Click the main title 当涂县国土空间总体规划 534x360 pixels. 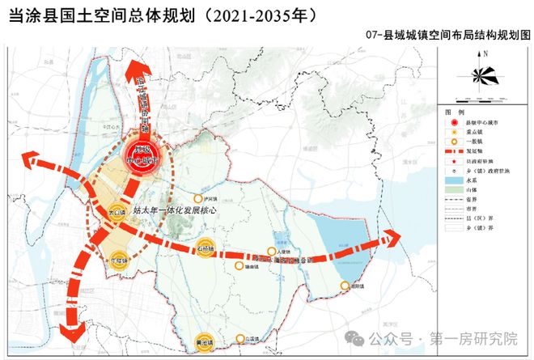(162, 15)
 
